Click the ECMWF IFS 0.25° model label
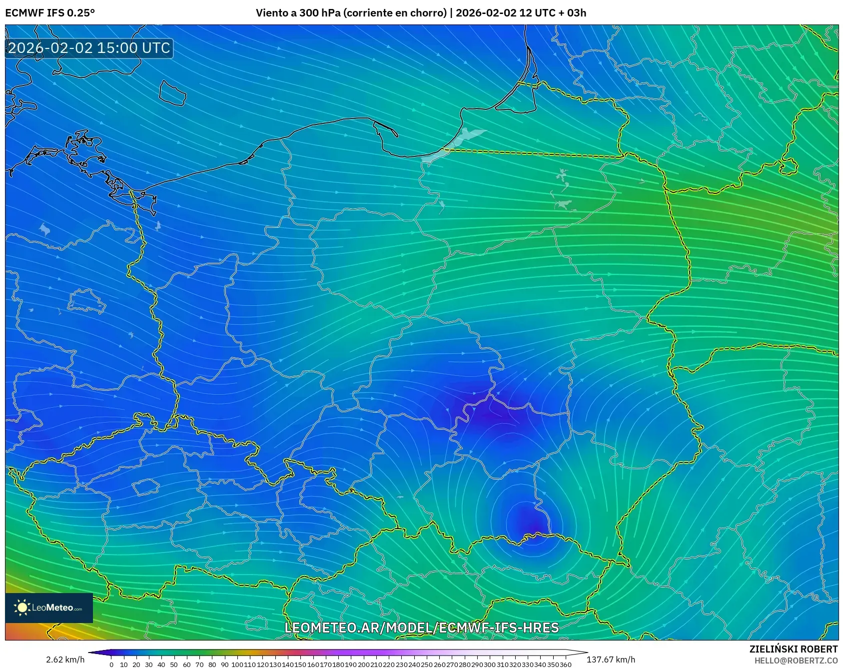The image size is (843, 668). coord(50,13)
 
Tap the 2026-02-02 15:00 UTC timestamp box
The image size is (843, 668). coord(89,48)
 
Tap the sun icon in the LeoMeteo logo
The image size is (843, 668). coord(22,608)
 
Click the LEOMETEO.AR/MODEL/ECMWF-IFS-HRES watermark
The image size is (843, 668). coord(421,628)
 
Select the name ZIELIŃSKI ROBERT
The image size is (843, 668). coord(793,649)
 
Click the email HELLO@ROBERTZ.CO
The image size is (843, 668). coord(796,661)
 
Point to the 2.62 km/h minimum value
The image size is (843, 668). coord(65,660)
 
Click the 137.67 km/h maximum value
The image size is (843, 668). coord(611,660)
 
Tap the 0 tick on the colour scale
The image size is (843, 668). coord(111,665)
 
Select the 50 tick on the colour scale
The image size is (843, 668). coord(174,665)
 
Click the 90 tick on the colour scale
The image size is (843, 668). coord(224,665)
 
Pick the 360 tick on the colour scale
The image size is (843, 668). coord(565,665)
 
